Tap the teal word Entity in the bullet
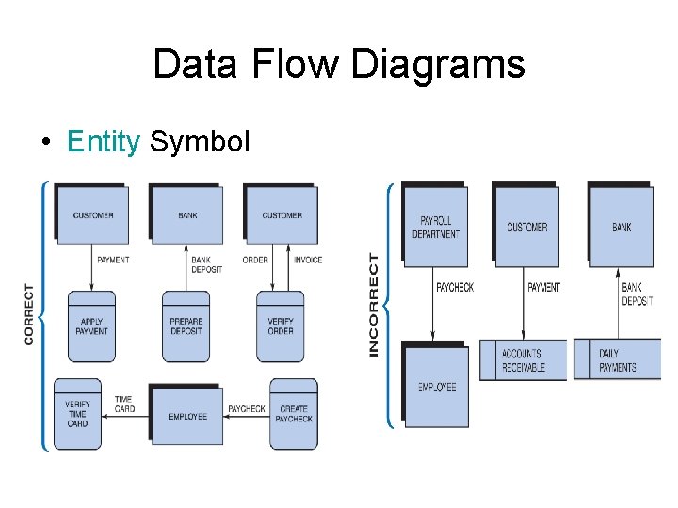click(x=103, y=141)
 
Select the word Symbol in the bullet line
click(x=200, y=141)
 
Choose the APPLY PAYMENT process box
click(x=91, y=326)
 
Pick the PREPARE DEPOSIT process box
click(x=186, y=326)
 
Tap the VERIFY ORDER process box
click(x=280, y=326)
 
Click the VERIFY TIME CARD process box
click(x=78, y=414)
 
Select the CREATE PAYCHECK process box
click(x=294, y=414)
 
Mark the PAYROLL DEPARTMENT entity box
click(x=435, y=227)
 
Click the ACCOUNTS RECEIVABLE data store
click(x=524, y=360)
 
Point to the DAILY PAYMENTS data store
click(x=618, y=360)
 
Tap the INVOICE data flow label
click(x=307, y=260)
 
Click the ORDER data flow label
click(x=255, y=260)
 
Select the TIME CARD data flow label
click(x=124, y=405)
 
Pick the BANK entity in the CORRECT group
click(x=187, y=215)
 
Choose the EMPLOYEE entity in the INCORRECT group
click(x=436, y=387)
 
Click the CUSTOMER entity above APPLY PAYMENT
click(x=93, y=215)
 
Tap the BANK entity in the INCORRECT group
click(x=621, y=227)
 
